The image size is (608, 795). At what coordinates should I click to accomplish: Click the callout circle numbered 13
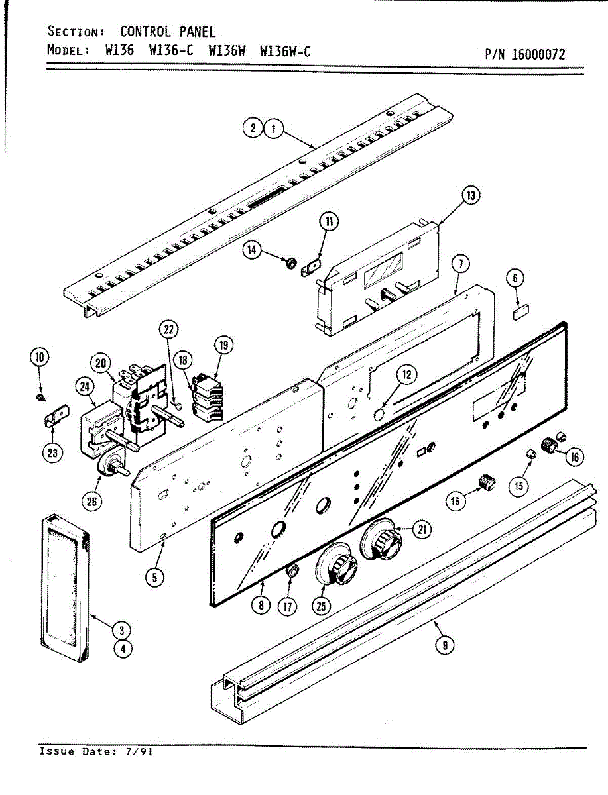470,195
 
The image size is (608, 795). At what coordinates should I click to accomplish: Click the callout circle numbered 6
515,279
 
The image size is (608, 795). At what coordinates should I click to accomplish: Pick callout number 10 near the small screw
39,358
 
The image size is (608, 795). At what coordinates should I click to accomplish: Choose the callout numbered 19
223,344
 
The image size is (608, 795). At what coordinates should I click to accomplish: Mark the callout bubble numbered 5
154,577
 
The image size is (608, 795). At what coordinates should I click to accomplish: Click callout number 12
406,374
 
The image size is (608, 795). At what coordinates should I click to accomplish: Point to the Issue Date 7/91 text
96,752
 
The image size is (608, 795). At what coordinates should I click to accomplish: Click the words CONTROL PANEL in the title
167,32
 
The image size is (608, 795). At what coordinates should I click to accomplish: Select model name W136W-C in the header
285,51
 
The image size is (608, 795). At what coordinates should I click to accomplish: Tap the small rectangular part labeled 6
520,311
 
